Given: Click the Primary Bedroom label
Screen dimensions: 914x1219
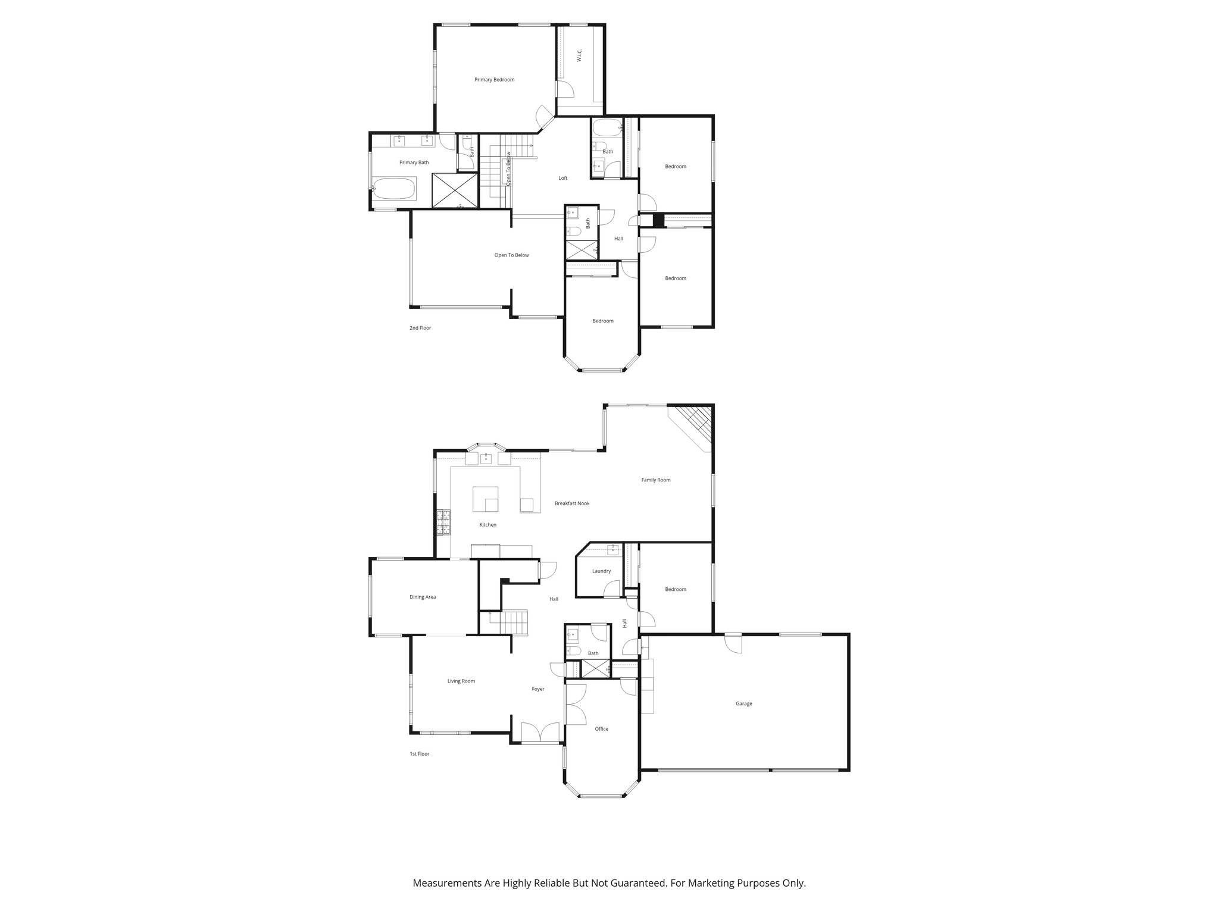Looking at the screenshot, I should click(494, 80).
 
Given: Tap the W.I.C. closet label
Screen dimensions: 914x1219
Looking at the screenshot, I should click(580, 56).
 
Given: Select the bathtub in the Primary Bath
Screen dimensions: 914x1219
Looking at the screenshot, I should click(394, 189).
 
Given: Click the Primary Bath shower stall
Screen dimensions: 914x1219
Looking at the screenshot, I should click(454, 190).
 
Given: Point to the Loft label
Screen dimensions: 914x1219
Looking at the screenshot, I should click(562, 178).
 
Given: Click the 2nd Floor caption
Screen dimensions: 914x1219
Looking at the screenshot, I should click(420, 328).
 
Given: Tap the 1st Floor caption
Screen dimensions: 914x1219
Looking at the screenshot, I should click(419, 754).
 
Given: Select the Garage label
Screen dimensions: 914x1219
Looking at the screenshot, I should click(743, 703).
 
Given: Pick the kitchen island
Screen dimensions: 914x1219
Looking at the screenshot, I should click(485, 499).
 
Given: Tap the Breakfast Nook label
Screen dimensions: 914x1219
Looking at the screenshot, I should click(572, 503).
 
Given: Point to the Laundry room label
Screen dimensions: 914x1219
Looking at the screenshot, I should click(601, 571).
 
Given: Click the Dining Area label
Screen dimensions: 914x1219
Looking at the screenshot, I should click(423, 597).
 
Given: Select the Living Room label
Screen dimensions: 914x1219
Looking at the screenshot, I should click(461, 681).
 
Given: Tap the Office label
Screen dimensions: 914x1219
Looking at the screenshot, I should click(601, 729).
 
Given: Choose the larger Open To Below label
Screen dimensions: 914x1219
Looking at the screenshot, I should click(511, 255).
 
